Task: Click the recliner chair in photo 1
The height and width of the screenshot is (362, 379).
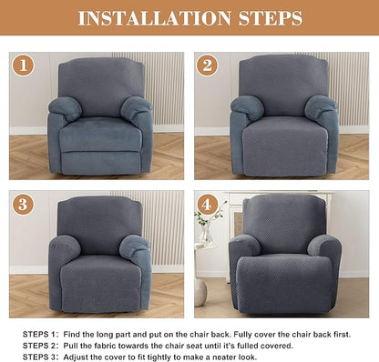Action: click(x=101, y=118)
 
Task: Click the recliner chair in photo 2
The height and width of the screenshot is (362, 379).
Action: click(x=283, y=118)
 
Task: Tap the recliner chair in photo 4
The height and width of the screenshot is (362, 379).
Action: click(x=284, y=259)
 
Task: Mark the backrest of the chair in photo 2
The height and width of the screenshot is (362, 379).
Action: click(x=283, y=84)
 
